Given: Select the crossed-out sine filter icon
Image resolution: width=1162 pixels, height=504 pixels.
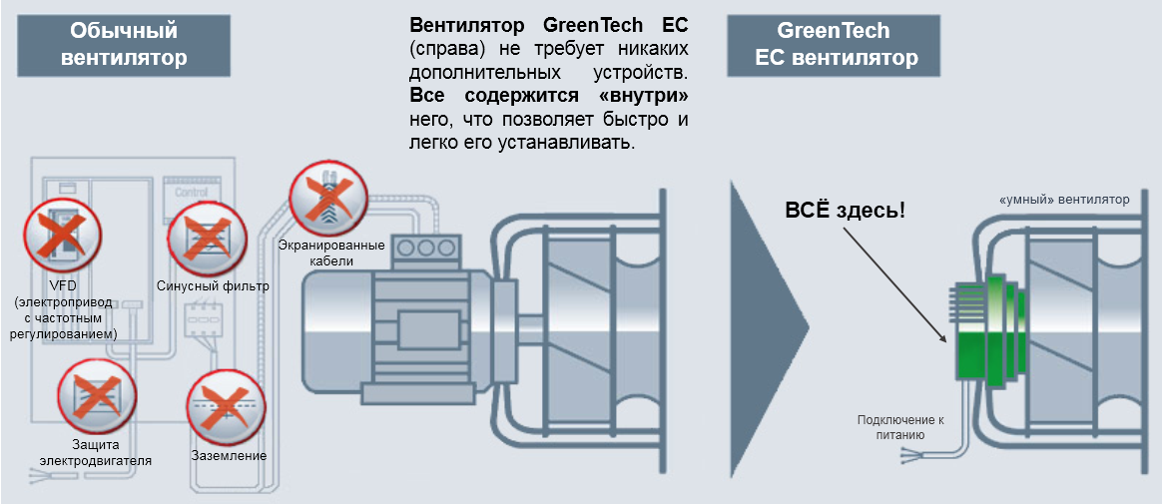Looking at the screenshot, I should pos(207,239).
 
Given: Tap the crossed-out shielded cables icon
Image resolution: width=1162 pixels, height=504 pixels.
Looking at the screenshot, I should pos(327,197).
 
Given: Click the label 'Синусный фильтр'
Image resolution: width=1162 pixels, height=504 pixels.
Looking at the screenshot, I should pos(213,285).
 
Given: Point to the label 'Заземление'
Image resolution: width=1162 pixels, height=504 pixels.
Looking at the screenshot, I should pos(229,456).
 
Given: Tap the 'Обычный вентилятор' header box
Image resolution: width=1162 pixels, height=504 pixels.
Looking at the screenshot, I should pos(124,45).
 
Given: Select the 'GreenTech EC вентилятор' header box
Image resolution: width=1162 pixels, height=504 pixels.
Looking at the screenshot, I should pos(834,45).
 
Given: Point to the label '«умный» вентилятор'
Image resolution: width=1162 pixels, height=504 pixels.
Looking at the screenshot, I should pos(1064,200).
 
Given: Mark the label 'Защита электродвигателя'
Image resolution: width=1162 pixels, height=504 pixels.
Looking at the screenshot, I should pos(96,452).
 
